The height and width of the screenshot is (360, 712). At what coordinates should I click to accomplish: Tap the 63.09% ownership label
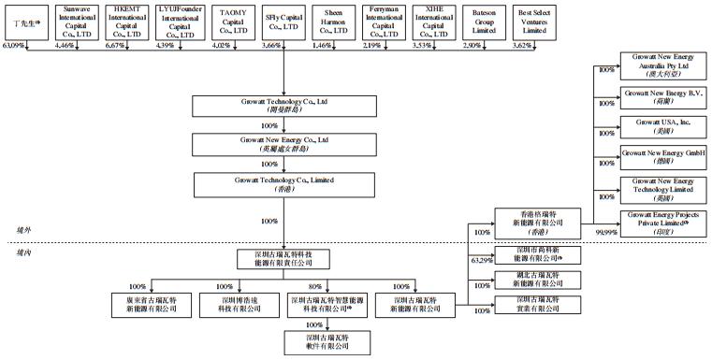(x=17, y=45)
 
